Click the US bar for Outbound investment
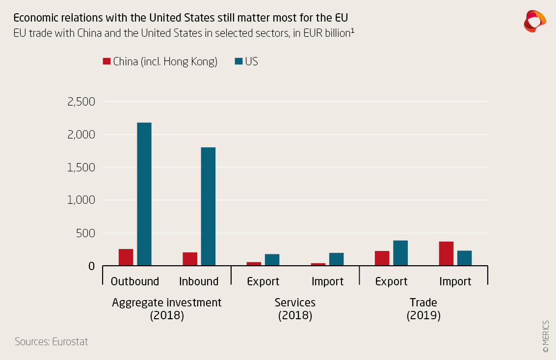click(144, 194)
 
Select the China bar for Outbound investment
click(126, 257)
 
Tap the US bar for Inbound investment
click(208, 206)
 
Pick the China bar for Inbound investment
click(190, 259)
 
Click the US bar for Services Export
click(272, 260)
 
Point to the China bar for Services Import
click(318, 264)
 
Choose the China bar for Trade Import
click(446, 253)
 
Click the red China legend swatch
click(106, 61)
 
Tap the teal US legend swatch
click(238, 61)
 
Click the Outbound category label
click(135, 281)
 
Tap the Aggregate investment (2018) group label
click(167, 309)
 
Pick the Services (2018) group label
click(295, 309)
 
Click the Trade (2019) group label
click(424, 309)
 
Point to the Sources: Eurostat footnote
click(52, 342)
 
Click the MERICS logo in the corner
click(534, 21)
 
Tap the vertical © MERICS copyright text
click(546, 336)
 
